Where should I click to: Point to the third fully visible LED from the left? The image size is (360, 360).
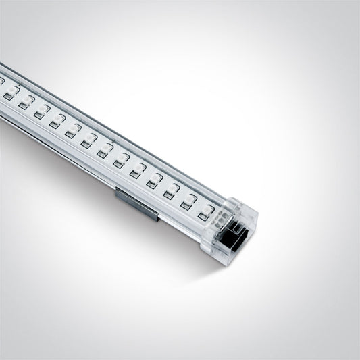(41, 112)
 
